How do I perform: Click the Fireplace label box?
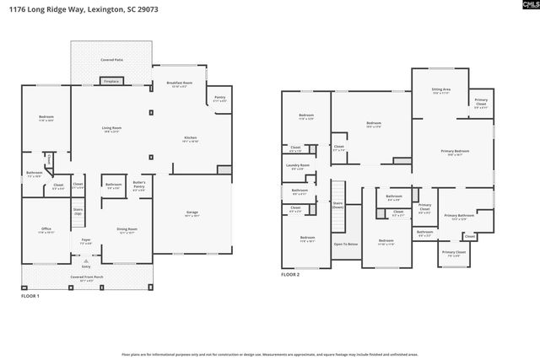coord(111,82)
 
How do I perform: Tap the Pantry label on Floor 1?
coord(220,99)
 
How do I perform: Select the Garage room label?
coord(192,213)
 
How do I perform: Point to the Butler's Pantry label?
coord(140,184)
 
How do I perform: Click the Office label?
coord(46,229)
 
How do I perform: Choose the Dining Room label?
coord(127,229)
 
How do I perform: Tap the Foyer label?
coord(86,241)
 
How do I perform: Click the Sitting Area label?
coord(440,90)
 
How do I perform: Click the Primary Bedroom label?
coord(455,153)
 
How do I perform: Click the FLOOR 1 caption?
coord(30,295)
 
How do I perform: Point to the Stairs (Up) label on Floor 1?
coord(78,212)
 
